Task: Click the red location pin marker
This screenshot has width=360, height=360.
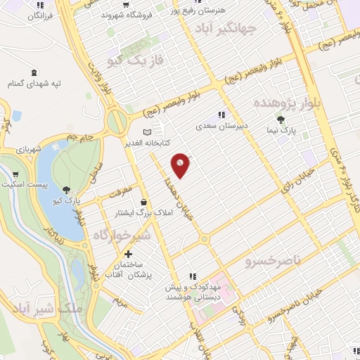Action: point(181,165)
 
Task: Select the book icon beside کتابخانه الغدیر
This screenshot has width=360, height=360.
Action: point(147,132)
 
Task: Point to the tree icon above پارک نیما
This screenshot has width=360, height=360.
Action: point(281,120)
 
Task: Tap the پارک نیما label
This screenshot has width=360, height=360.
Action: point(281,131)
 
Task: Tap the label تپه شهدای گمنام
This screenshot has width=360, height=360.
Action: point(35,84)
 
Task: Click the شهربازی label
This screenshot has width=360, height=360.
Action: point(29,150)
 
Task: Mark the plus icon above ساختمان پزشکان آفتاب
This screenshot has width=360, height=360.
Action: point(128,254)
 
